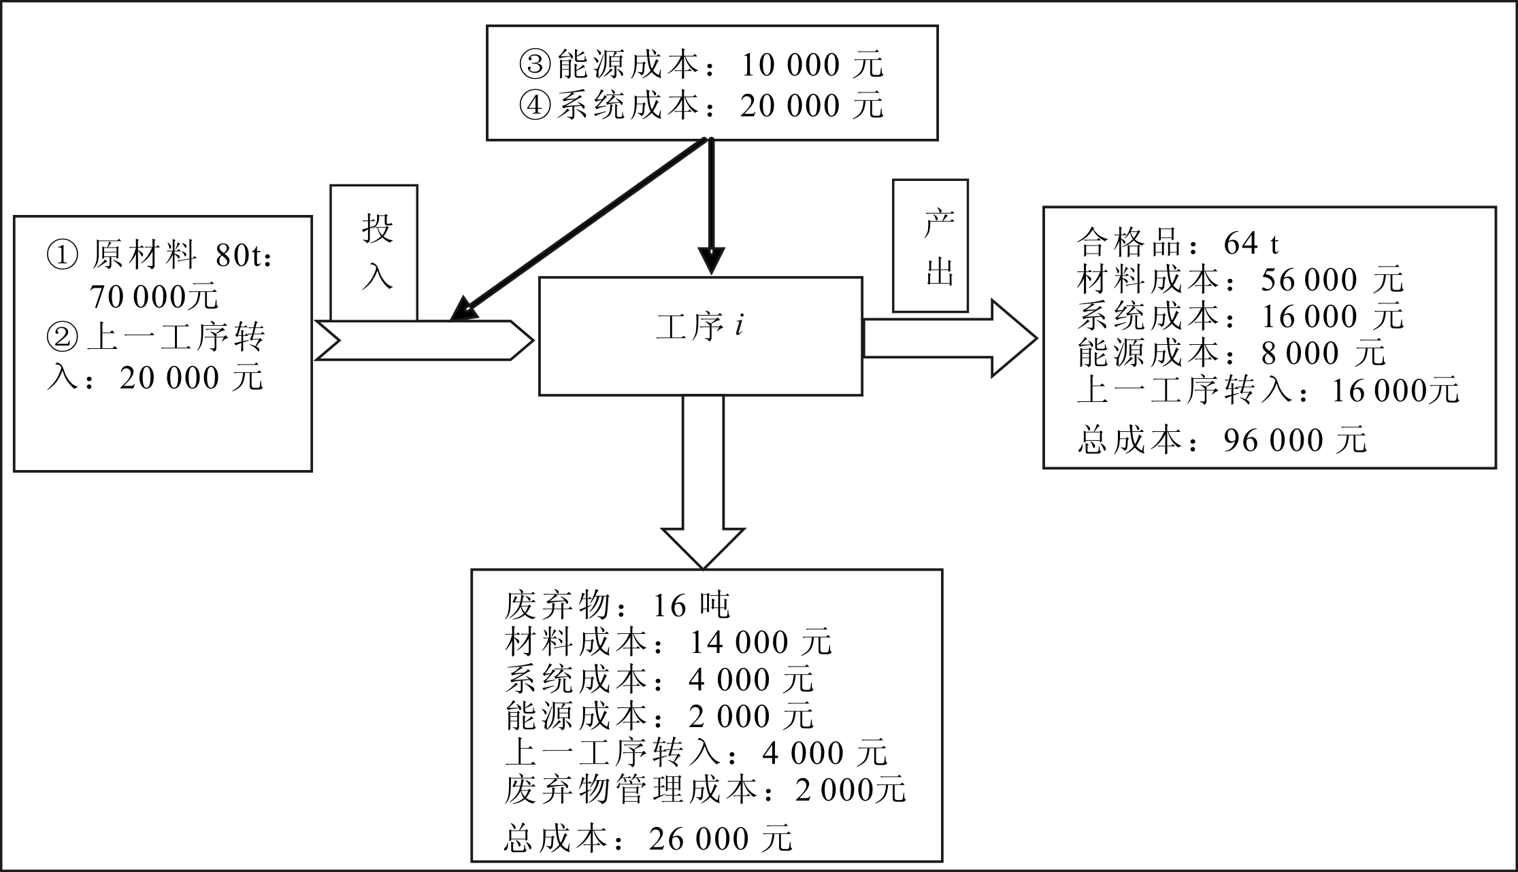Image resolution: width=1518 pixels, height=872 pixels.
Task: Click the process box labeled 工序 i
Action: pyautogui.click(x=700, y=335)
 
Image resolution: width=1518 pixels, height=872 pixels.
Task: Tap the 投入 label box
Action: pyautogui.click(x=374, y=252)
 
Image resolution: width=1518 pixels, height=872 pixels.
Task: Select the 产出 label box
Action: pyautogui.click(x=930, y=246)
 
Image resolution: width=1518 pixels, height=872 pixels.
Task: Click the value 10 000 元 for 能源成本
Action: pyautogui.click(x=811, y=65)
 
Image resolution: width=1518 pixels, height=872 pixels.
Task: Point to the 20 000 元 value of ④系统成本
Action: pyautogui.click(x=811, y=106)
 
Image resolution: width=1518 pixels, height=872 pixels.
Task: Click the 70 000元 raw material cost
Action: pyautogui.click(x=154, y=297)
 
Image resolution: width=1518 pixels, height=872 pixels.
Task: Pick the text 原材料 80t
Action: pyautogui.click(x=180, y=256)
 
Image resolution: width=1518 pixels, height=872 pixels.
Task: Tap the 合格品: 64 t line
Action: pyautogui.click(x=1178, y=243)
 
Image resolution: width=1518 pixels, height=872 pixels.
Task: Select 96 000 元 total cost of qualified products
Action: pyautogui.click(x=1294, y=440)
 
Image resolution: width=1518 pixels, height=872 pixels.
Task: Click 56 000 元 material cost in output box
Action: pyautogui.click(x=1332, y=280)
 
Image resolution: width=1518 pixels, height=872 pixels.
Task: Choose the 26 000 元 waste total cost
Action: pyautogui.click(x=721, y=839)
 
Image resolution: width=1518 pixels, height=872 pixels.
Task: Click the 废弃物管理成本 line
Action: pyautogui.click(x=705, y=790)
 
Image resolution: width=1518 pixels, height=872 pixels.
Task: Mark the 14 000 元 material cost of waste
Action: pyautogui.click(x=761, y=642)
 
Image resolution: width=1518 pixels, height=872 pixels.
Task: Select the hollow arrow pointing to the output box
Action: pyautogui.click(x=949, y=338)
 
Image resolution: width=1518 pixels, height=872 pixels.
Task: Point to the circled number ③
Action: pyautogui.click(x=535, y=65)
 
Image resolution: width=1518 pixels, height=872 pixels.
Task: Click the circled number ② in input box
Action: pyautogui.click(x=63, y=337)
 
